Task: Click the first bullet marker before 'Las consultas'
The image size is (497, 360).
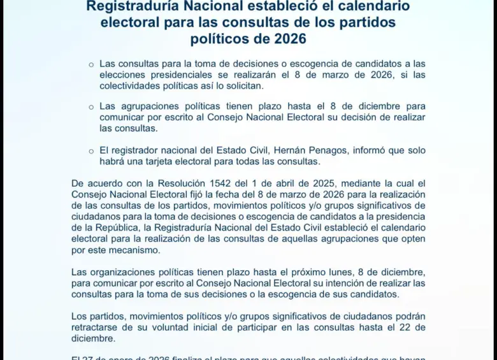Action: point(90,64)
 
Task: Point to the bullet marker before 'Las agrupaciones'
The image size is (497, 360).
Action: point(90,107)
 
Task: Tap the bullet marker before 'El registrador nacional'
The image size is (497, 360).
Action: point(90,151)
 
